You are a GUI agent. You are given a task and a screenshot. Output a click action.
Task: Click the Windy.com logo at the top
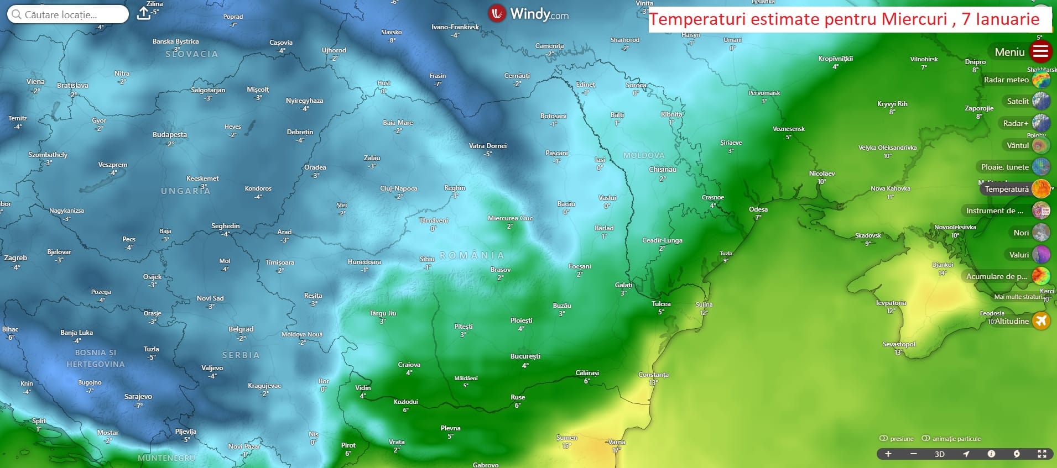528,14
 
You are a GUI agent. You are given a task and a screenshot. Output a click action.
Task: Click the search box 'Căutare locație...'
67,14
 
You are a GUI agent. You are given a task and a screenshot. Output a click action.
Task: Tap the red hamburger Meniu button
1040,52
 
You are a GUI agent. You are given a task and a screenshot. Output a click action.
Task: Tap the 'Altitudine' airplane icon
1041,321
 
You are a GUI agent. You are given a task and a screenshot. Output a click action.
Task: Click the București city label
525,356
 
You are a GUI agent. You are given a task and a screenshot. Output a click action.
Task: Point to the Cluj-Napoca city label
398,188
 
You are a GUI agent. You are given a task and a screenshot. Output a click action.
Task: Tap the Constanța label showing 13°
653,375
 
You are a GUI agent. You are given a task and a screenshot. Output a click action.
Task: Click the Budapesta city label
169,135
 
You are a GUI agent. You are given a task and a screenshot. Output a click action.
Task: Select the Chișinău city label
662,170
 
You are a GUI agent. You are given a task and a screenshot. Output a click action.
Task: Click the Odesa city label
758,209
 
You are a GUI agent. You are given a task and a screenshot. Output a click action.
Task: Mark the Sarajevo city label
138,397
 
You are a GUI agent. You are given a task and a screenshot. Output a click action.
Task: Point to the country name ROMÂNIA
472,255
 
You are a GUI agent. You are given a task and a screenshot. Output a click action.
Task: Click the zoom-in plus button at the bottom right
888,454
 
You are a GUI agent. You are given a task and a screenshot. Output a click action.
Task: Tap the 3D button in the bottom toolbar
939,454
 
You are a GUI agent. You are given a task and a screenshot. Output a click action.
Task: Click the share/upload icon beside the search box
143,13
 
